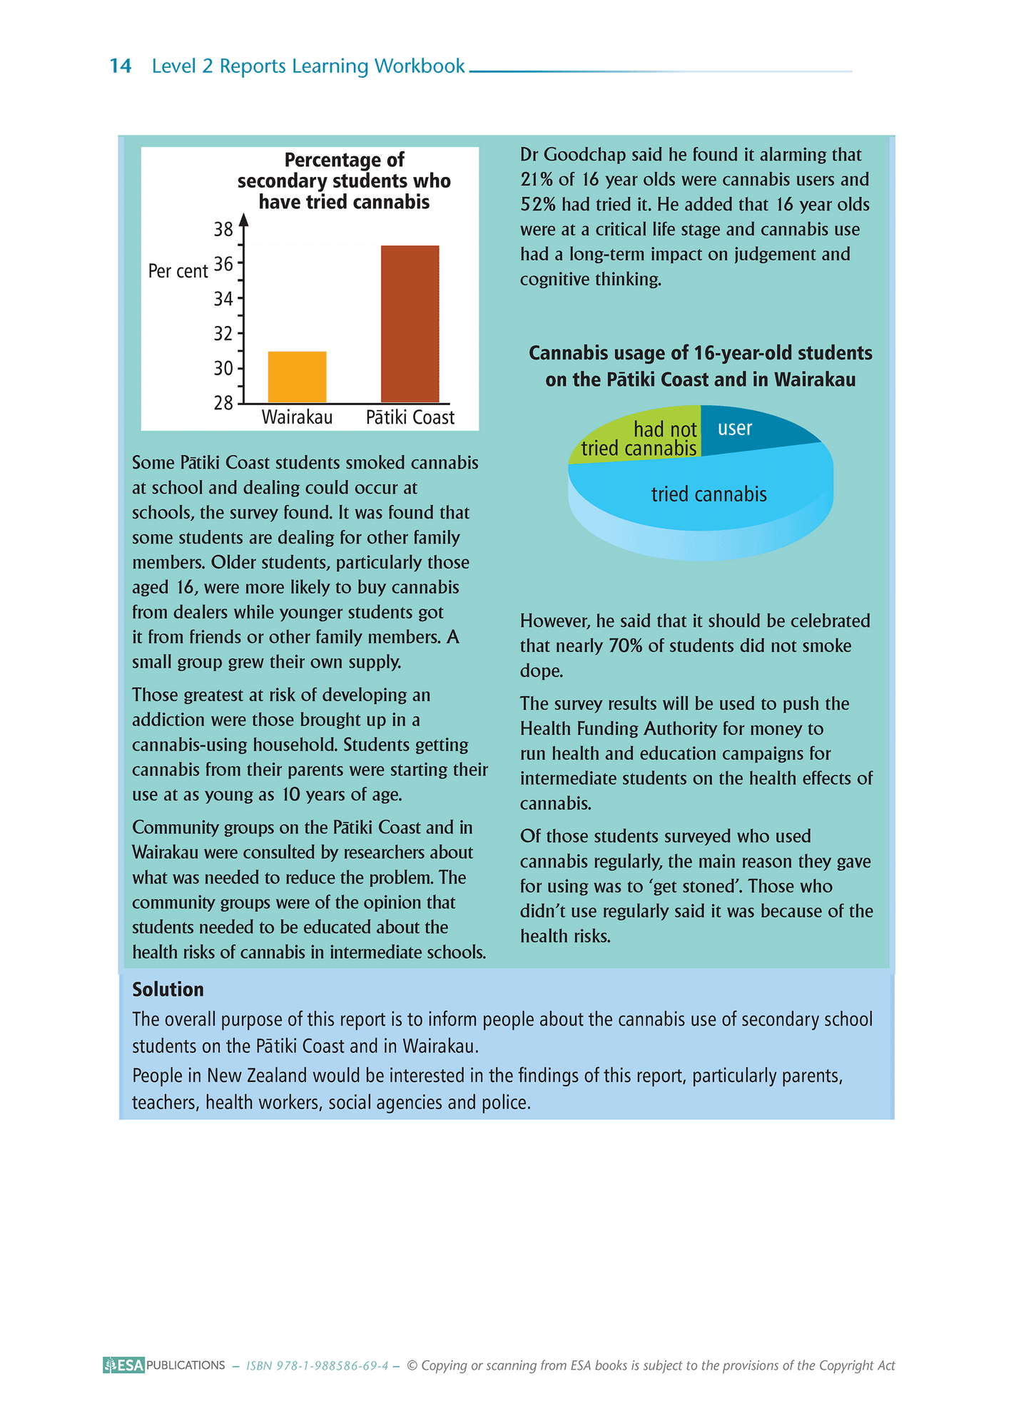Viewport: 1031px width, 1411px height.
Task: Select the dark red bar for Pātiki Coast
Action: coord(410,324)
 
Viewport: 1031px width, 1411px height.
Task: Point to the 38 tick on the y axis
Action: coord(224,229)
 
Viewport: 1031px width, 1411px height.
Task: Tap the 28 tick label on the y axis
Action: coord(224,403)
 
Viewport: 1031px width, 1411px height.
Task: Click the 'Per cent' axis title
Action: coord(178,271)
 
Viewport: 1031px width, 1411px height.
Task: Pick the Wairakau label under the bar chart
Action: coord(297,417)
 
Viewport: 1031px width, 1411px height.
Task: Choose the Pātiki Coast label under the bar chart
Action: coord(410,417)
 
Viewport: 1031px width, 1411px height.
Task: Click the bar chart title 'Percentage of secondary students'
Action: coord(344,180)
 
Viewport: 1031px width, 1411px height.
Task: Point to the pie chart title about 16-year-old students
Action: coord(700,366)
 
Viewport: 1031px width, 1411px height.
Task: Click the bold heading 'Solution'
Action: coord(168,989)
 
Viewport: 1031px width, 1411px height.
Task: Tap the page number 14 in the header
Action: coord(121,66)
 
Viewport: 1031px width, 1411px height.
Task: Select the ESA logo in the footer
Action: coord(123,1365)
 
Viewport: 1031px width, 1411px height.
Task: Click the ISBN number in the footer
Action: coord(317,1366)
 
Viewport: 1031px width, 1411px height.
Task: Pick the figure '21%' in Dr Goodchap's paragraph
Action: coord(536,180)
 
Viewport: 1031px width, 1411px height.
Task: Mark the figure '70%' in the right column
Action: coord(625,646)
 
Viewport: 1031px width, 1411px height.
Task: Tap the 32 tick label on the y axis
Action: coord(224,333)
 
